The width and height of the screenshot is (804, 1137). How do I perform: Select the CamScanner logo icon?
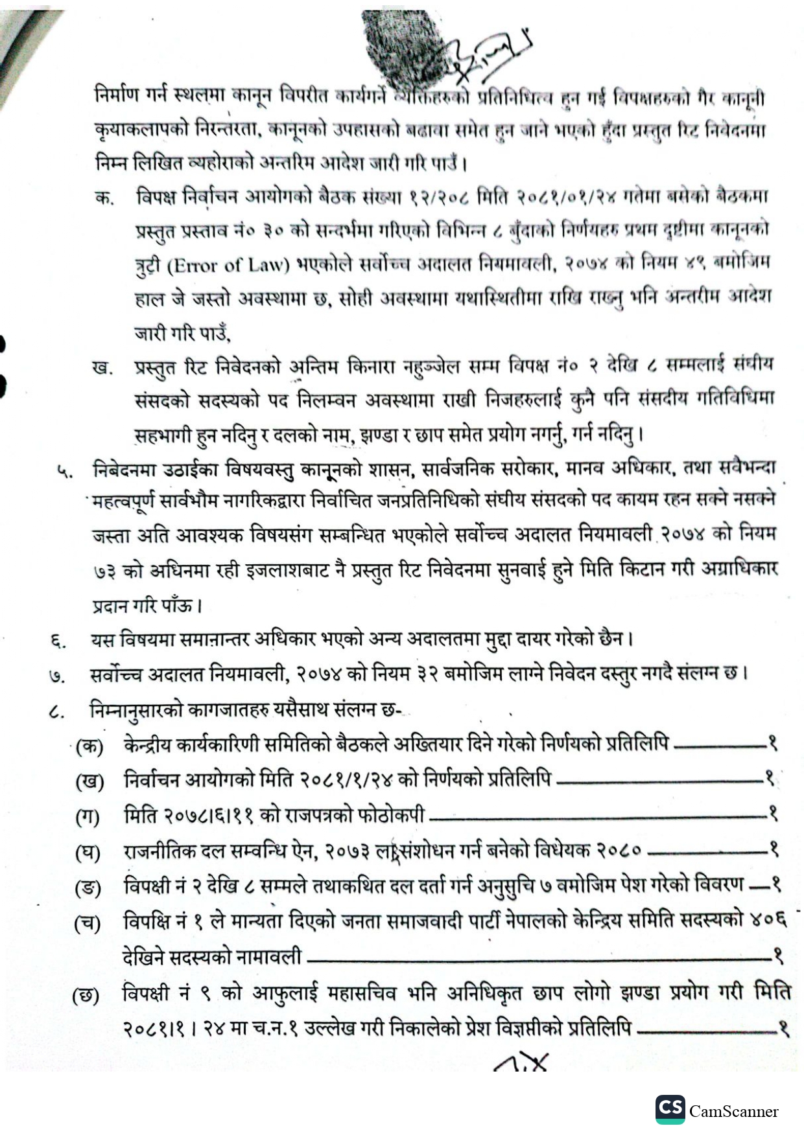tap(670, 1109)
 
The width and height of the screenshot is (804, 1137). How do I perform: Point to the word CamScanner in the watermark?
tap(733, 1111)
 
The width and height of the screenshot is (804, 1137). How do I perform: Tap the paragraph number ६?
tap(58, 641)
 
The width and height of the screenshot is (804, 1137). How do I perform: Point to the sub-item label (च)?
tap(88, 923)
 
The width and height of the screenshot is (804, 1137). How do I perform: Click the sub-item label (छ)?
tap(86, 995)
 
